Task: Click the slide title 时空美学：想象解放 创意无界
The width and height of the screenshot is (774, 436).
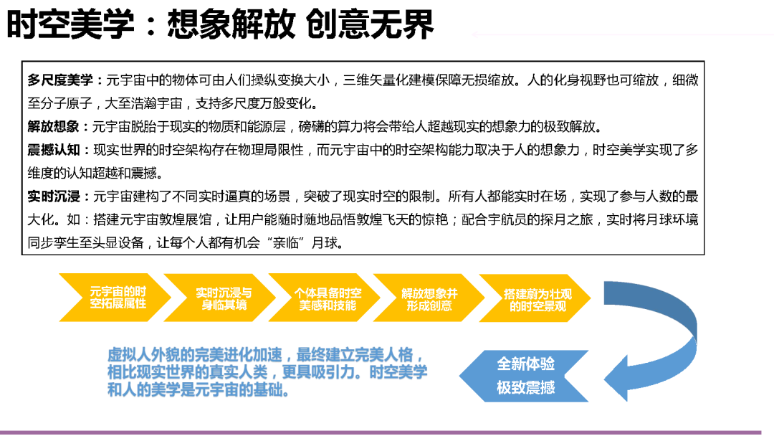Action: click(220, 26)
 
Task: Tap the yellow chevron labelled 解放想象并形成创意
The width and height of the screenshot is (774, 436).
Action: click(429, 298)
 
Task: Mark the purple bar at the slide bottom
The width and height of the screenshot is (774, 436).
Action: click(387, 432)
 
